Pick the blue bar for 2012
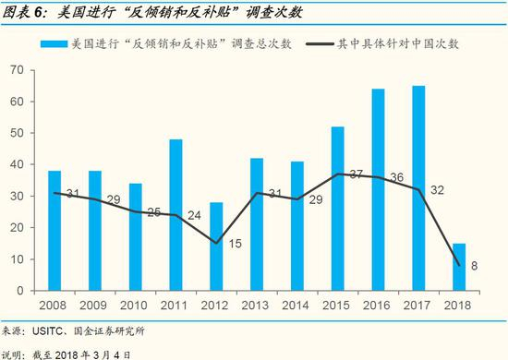click(216, 246)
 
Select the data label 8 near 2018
click(474, 266)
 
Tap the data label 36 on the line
click(397, 177)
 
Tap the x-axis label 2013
click(257, 305)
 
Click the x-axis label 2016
click(378, 305)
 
